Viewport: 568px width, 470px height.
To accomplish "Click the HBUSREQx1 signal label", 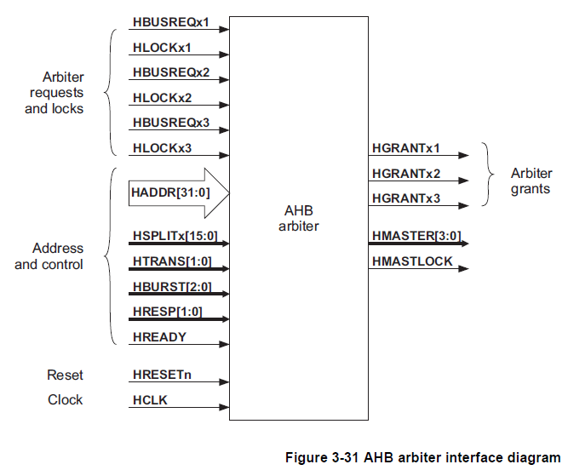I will point(170,20).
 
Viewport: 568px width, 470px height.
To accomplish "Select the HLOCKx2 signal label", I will point(162,98).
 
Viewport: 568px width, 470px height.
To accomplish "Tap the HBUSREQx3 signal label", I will point(170,124).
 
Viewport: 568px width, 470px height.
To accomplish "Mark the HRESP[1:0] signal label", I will point(167,312).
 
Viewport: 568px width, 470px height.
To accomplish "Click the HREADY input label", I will point(159,337).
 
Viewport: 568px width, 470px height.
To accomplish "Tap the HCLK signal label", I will point(150,400).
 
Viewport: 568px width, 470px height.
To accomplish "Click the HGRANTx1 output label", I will point(405,149).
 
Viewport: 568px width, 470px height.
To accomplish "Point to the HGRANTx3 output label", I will point(405,199).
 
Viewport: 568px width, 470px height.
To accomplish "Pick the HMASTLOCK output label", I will point(412,261).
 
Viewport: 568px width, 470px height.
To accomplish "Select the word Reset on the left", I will point(66,375).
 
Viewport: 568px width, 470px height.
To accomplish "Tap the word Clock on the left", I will point(66,400).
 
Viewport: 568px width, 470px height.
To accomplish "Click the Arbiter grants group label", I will point(531,181).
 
